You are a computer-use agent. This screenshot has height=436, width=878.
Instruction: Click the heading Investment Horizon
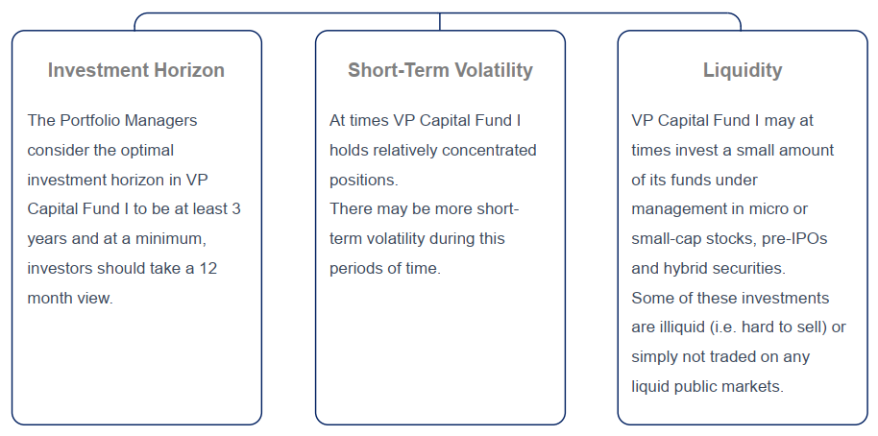(x=136, y=70)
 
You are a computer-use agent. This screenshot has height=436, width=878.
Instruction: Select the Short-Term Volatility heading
(x=440, y=70)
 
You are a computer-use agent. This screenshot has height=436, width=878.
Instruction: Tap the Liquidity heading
(x=743, y=70)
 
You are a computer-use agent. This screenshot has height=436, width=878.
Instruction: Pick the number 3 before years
(x=235, y=209)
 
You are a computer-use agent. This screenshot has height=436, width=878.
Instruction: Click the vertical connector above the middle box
(x=440, y=21)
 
